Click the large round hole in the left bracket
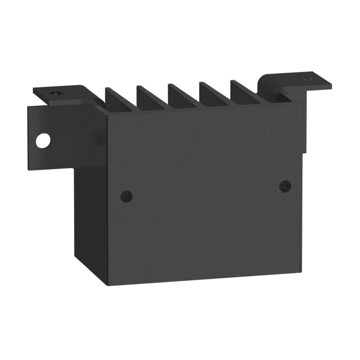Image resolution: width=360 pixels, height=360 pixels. click(x=43, y=140)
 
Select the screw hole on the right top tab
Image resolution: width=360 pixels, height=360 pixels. click(x=307, y=79)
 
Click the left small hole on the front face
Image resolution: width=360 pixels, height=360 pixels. click(x=126, y=196)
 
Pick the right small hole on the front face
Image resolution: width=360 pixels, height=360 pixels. click(x=285, y=186)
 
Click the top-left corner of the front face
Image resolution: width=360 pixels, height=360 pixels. click(x=107, y=116)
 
